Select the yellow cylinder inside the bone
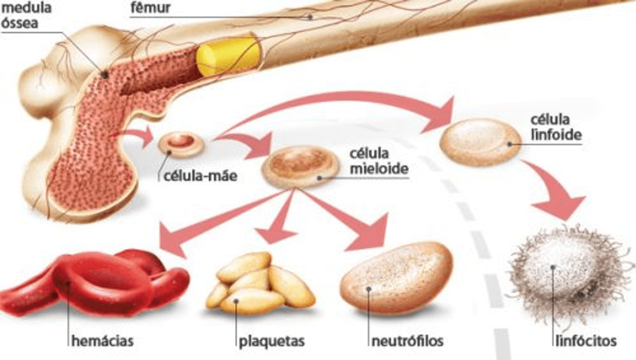(228, 56)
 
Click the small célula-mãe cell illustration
(181, 144)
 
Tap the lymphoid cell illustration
(481, 142)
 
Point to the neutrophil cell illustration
(396, 277)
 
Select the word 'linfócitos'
(584, 341)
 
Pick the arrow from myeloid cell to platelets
(280, 221)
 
